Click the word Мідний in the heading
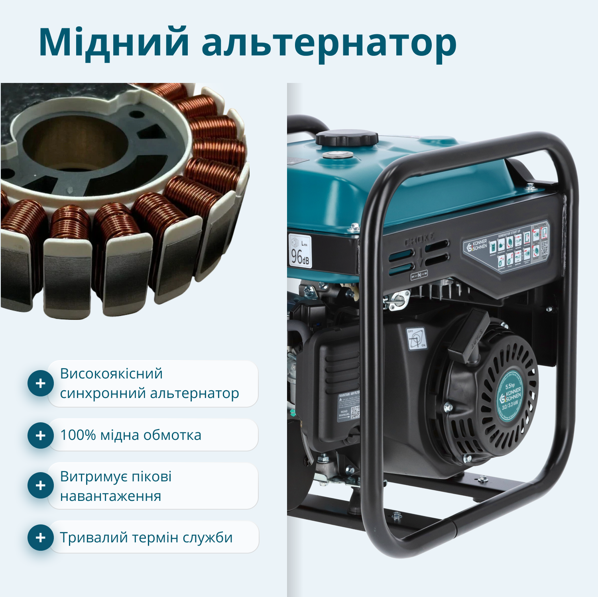click(x=113, y=42)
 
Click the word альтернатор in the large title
click(x=329, y=43)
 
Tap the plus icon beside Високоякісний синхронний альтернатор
click(x=40, y=384)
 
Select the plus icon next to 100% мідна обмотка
click(x=40, y=435)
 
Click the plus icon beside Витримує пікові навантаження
click(x=40, y=485)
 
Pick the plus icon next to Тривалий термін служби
click(x=40, y=538)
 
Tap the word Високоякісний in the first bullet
click(x=111, y=374)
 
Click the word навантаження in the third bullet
click(x=110, y=496)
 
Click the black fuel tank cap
click(x=346, y=138)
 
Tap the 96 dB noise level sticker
click(x=300, y=251)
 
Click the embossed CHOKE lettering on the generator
click(x=419, y=240)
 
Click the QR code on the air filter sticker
click(x=355, y=412)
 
